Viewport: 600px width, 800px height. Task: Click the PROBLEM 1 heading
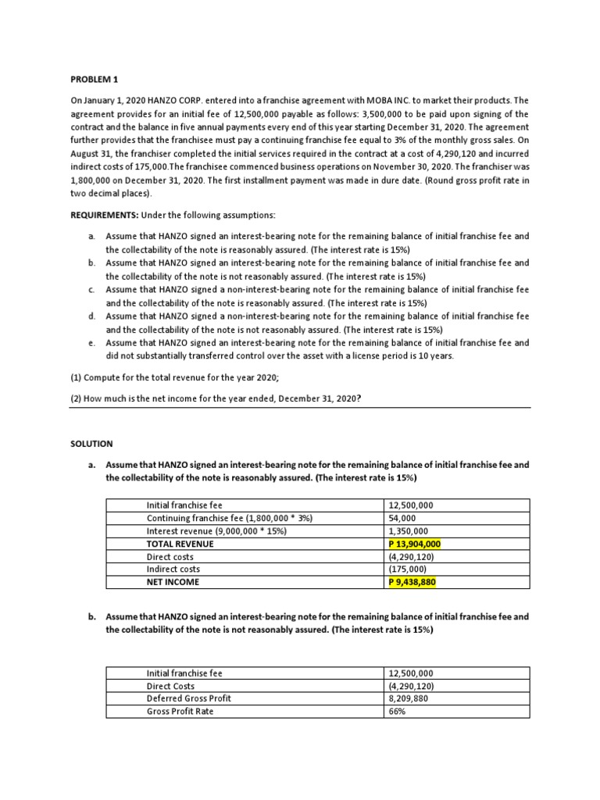coord(96,79)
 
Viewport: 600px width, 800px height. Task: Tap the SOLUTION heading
coord(91,443)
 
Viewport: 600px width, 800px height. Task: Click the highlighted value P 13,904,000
coord(415,544)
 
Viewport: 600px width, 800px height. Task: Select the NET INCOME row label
coord(173,582)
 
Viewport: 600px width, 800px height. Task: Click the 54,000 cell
coord(402,518)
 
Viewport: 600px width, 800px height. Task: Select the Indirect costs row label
coord(173,570)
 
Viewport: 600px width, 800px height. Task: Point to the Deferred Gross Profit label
coord(189,698)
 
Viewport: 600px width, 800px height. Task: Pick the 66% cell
coord(397,712)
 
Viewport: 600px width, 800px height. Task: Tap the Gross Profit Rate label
coord(180,712)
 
